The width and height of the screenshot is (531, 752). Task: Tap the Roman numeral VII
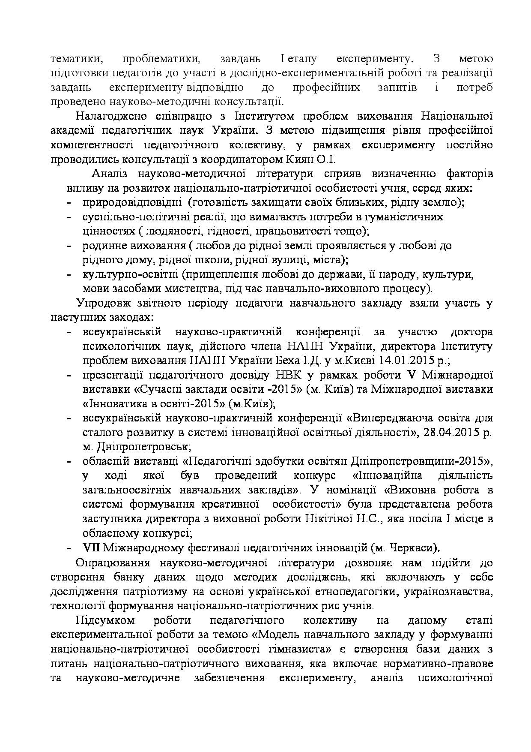(91, 547)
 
